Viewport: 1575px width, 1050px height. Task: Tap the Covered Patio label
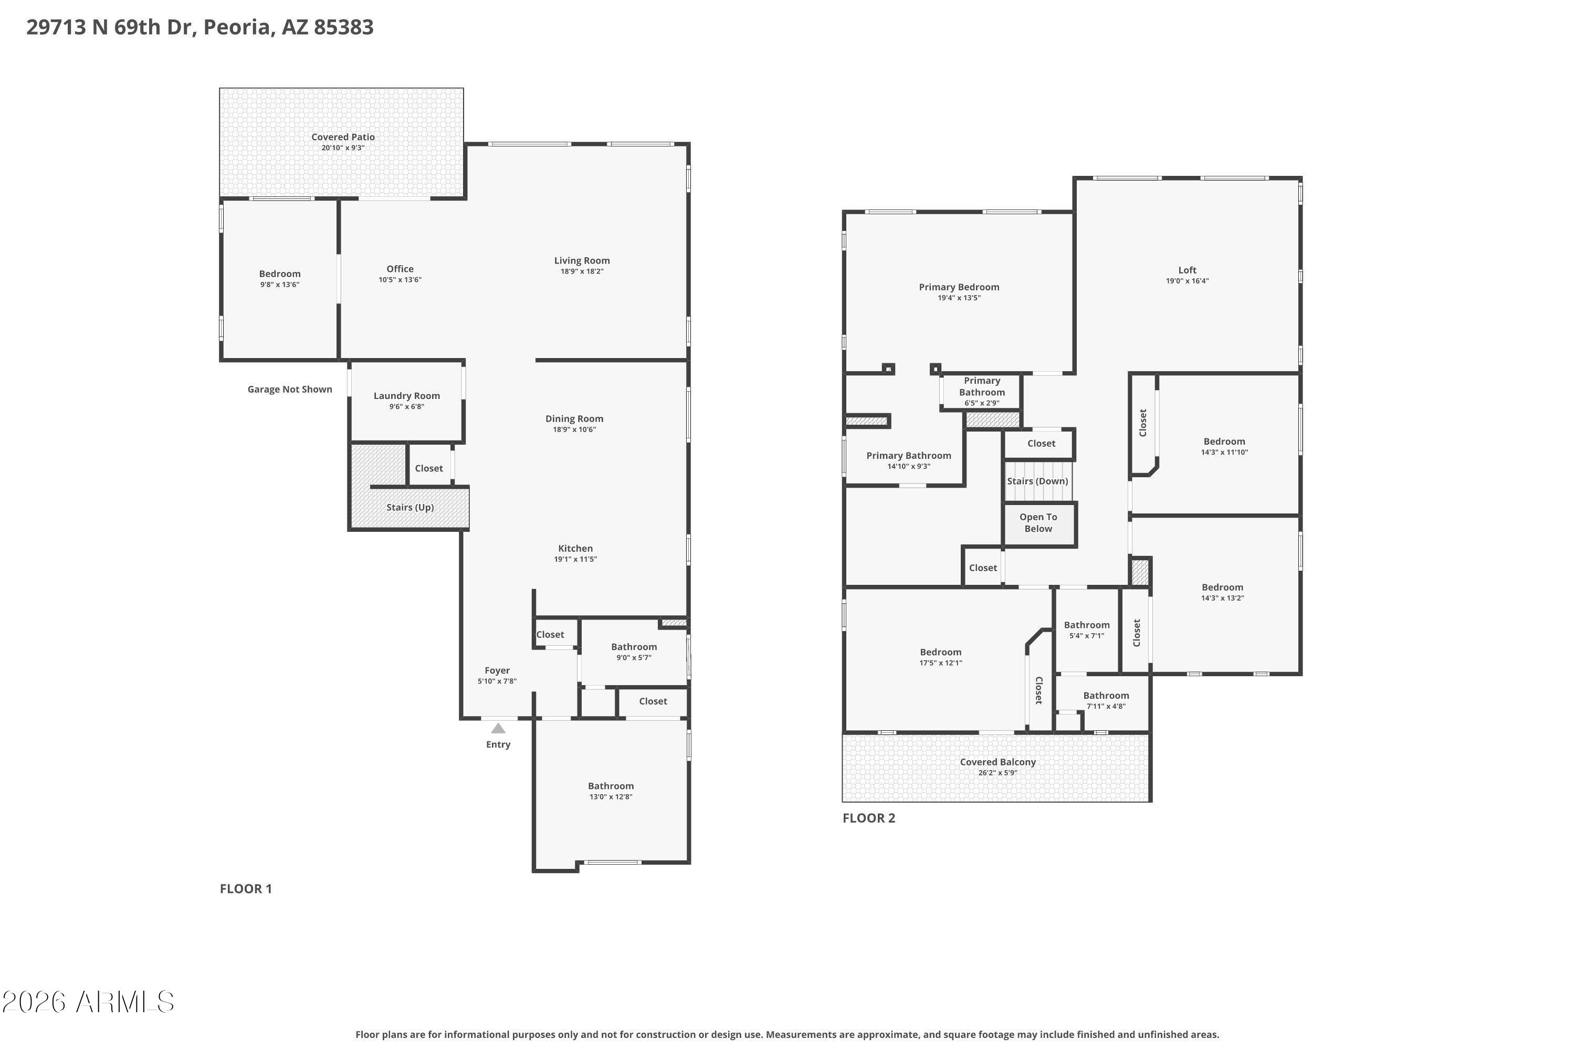[343, 136]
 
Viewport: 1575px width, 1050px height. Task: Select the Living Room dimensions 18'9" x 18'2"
[582, 271]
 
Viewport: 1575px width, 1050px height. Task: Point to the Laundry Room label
[406, 396]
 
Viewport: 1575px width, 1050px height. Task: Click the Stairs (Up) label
[410, 508]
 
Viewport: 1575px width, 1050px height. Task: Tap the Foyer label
[497, 670]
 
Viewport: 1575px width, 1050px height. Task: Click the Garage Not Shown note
[290, 389]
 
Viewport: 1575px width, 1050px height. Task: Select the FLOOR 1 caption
[246, 889]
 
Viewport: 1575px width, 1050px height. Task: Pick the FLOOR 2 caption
[868, 817]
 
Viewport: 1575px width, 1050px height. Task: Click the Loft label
[1187, 270]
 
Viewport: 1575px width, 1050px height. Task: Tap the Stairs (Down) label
[1037, 481]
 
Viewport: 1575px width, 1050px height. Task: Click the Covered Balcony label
[998, 762]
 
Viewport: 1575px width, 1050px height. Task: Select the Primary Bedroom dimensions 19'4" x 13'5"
[959, 298]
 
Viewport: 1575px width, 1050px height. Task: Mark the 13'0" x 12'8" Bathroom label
[611, 786]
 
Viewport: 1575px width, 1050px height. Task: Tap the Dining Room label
[574, 419]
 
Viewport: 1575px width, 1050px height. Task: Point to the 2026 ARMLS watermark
[88, 1002]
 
